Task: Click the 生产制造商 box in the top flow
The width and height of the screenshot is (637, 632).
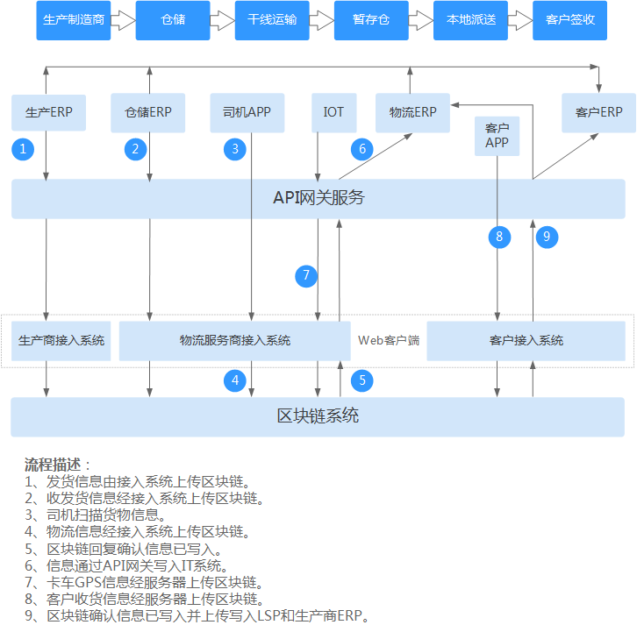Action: click(x=74, y=19)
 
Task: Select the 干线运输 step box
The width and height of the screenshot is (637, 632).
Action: click(x=272, y=19)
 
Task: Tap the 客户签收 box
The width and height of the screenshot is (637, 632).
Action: click(x=569, y=19)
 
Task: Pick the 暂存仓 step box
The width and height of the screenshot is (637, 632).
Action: click(x=371, y=19)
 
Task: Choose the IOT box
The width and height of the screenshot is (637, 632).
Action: click(x=333, y=112)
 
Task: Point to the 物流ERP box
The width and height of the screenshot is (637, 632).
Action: click(x=412, y=112)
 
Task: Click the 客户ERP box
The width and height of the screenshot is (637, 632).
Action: click(x=599, y=112)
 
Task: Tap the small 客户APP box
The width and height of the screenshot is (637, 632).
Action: click(x=497, y=136)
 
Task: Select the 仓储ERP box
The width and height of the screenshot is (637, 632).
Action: click(x=148, y=112)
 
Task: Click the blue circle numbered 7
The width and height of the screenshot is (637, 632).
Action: click(x=306, y=276)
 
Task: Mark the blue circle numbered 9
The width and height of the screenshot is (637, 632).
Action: click(x=547, y=237)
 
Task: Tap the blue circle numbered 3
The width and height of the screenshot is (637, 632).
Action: click(x=235, y=149)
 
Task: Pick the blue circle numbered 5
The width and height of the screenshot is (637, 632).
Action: click(x=361, y=380)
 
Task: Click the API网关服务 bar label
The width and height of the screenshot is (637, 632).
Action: click(x=318, y=198)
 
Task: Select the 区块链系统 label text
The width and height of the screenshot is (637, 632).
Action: click(x=318, y=416)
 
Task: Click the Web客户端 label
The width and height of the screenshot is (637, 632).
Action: click(x=389, y=340)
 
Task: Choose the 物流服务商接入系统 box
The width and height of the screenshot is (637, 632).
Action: click(x=234, y=340)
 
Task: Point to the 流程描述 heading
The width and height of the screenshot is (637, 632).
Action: click(x=53, y=465)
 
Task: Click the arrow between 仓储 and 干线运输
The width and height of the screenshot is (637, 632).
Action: click(x=223, y=19)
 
